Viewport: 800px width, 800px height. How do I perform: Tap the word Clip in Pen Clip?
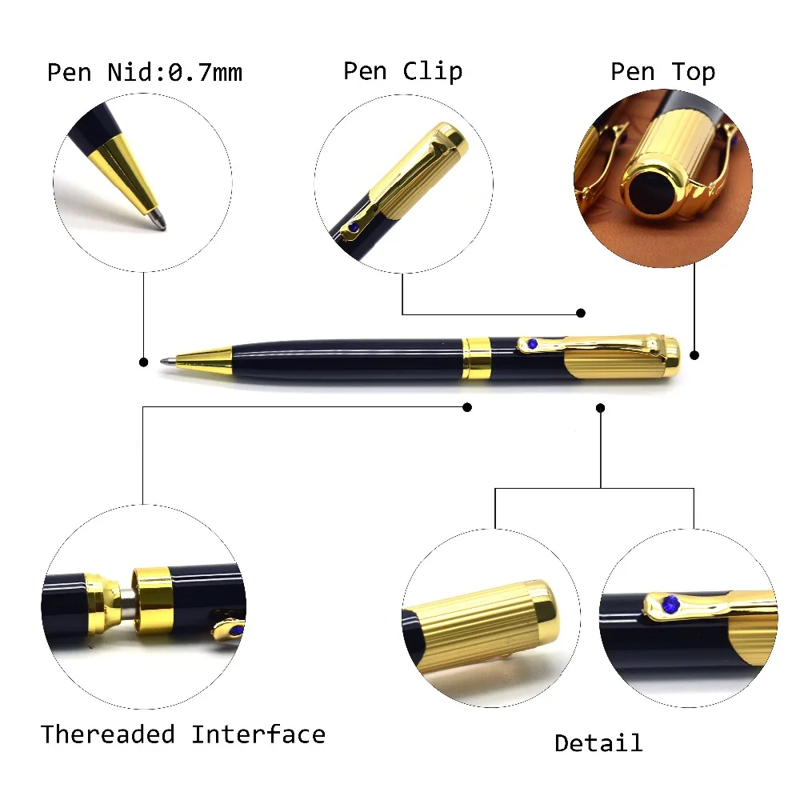(432, 71)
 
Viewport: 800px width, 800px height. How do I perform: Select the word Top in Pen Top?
(693, 72)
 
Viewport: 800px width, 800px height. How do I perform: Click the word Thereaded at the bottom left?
(108, 734)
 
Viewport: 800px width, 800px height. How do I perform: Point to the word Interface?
(258, 734)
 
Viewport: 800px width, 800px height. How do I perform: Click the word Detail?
(598, 743)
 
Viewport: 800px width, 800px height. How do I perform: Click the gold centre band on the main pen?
(477, 358)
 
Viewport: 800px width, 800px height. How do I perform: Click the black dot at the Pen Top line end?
(694, 354)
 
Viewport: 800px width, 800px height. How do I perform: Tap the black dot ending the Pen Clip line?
(582, 313)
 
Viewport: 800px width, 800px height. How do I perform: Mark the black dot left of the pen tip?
(143, 362)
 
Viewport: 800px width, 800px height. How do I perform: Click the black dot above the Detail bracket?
(601, 407)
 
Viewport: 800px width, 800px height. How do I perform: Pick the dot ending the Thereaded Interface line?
(467, 407)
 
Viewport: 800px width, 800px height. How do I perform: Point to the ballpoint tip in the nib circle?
(160, 219)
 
